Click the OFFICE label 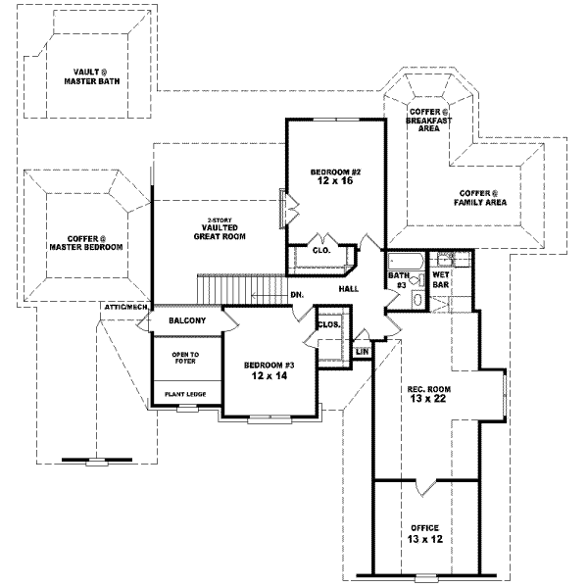pyautogui.click(x=424, y=527)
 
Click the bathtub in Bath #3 pyautogui.click(x=403, y=262)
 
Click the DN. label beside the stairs pyautogui.click(x=296, y=294)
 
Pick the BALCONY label pyautogui.click(x=186, y=320)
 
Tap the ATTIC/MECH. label pyautogui.click(x=125, y=308)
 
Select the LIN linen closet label pyautogui.click(x=362, y=350)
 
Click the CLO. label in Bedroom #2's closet pyautogui.click(x=321, y=250)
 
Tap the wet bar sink pyautogui.click(x=444, y=262)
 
